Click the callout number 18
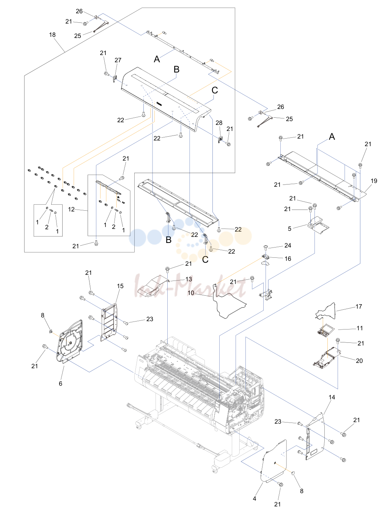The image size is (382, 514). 52,35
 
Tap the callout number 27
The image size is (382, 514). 118,60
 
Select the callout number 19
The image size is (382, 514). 374,181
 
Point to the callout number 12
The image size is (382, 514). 71,209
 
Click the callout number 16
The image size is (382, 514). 288,259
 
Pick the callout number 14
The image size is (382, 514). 332,397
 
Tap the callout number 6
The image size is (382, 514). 60,383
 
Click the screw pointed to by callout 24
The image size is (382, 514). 266,247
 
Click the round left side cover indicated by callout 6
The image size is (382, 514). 69,340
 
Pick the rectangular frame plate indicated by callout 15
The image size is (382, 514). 109,322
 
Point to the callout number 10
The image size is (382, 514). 191,293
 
